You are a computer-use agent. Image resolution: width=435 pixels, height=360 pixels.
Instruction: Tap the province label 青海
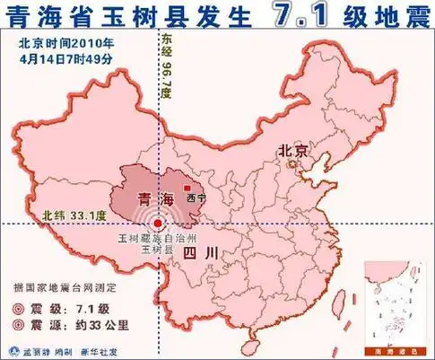tap(146, 197)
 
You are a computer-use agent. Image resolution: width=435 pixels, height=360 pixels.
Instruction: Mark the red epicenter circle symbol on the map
tap(159, 224)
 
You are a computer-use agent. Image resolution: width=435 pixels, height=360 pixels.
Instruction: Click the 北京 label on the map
tap(292, 151)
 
